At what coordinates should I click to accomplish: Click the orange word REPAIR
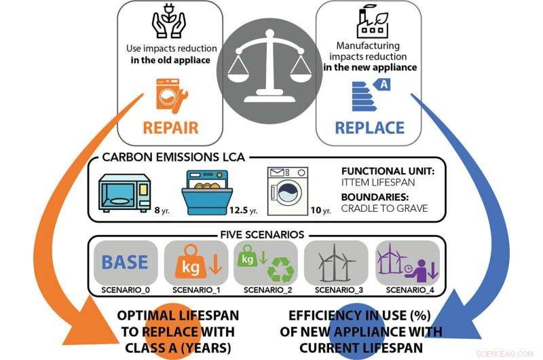click(171, 128)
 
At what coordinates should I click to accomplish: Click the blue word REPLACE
click(369, 128)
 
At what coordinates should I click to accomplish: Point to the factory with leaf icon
click(373, 22)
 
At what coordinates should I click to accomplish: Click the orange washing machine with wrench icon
click(172, 95)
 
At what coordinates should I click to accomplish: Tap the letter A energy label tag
click(382, 84)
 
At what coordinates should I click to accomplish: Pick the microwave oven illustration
click(125, 193)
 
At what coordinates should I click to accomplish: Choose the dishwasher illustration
click(207, 192)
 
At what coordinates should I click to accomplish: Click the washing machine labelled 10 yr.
click(287, 191)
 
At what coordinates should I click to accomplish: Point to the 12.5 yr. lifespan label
click(244, 210)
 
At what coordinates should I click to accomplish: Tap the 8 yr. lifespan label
click(162, 210)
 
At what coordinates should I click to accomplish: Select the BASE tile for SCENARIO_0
click(126, 262)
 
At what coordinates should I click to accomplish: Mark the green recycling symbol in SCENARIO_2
click(281, 269)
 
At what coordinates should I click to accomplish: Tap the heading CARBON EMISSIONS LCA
click(174, 157)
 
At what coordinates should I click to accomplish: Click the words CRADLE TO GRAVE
click(384, 209)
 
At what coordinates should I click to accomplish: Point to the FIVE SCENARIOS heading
click(262, 234)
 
